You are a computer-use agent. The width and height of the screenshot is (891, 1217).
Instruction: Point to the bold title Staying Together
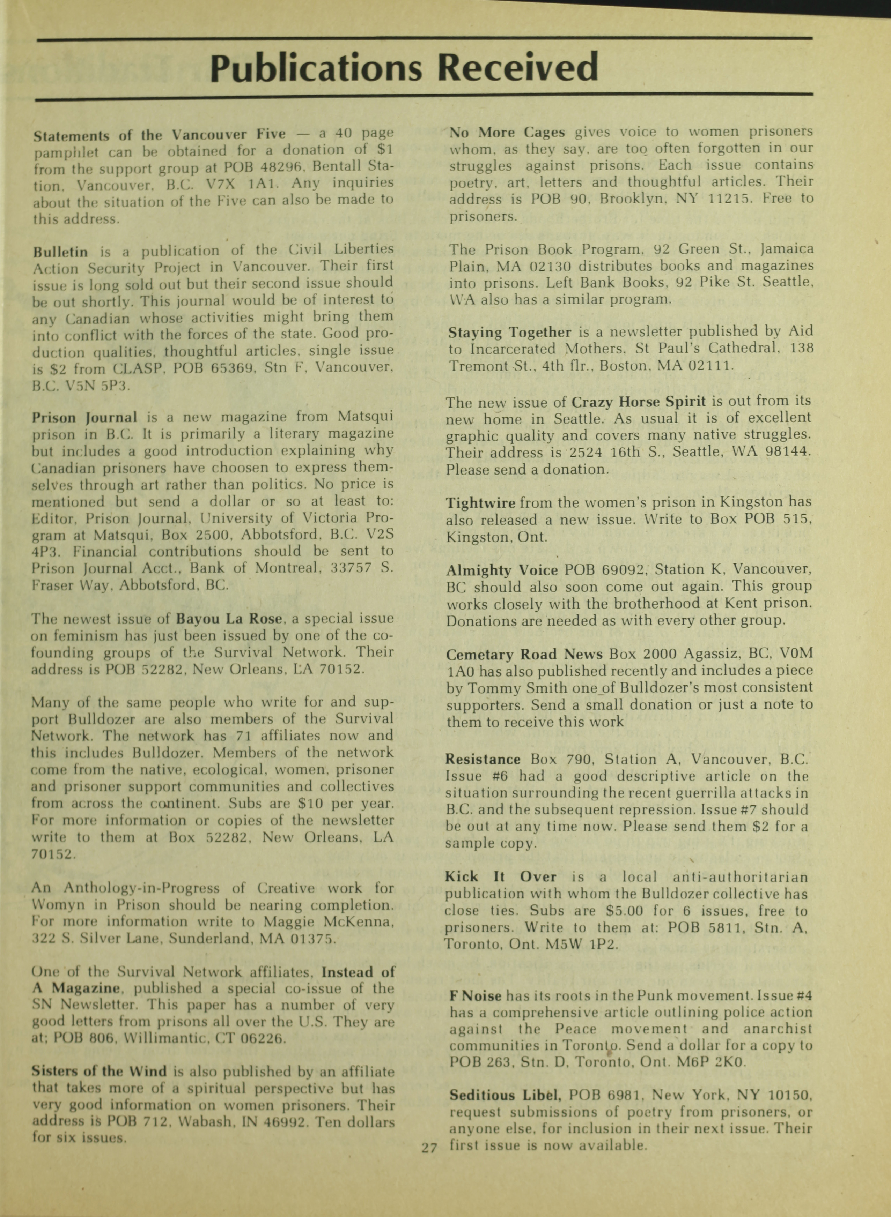coord(510,333)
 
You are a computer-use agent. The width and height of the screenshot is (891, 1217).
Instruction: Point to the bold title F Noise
coord(476,996)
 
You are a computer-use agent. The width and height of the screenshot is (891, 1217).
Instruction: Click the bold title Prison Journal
coord(85,417)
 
